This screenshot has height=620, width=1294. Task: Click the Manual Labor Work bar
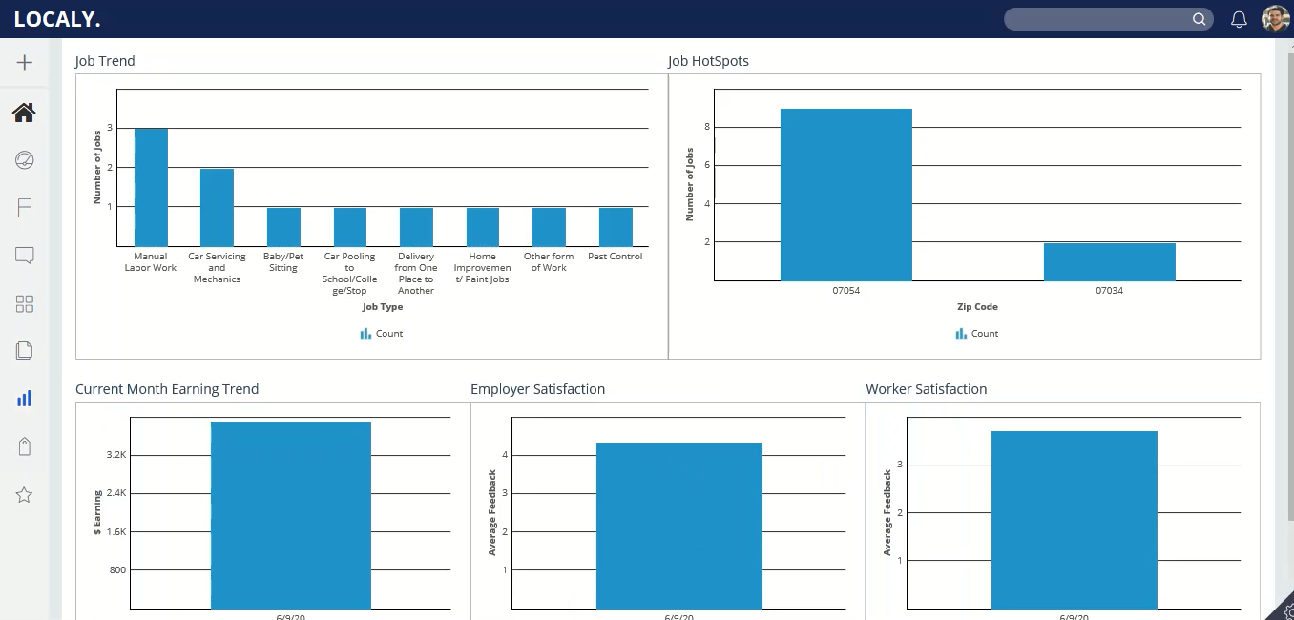151,187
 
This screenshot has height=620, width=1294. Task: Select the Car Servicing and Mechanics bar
217,207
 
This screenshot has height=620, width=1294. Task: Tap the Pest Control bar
616,227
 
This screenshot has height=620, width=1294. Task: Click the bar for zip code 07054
845,195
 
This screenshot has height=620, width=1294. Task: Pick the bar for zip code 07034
1109,262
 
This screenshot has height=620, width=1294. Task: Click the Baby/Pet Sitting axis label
283,262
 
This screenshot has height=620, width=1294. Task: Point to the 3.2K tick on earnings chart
116,455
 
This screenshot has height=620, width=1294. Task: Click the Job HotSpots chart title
708,61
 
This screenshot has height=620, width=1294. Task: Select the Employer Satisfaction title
537,389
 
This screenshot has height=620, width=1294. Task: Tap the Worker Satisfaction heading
926,389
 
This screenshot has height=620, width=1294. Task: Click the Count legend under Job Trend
382,334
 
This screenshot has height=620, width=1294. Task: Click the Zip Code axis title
977,307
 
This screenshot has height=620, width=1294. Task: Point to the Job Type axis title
383,307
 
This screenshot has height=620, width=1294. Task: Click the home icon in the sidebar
24,113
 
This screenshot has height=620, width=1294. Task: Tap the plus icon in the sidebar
25,63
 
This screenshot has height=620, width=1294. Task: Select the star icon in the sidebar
25,495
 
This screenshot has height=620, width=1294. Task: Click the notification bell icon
1239,19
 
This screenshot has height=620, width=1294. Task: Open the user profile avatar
1275,19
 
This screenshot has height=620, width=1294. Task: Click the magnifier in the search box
1200,19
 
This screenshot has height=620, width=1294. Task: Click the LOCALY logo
57,19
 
